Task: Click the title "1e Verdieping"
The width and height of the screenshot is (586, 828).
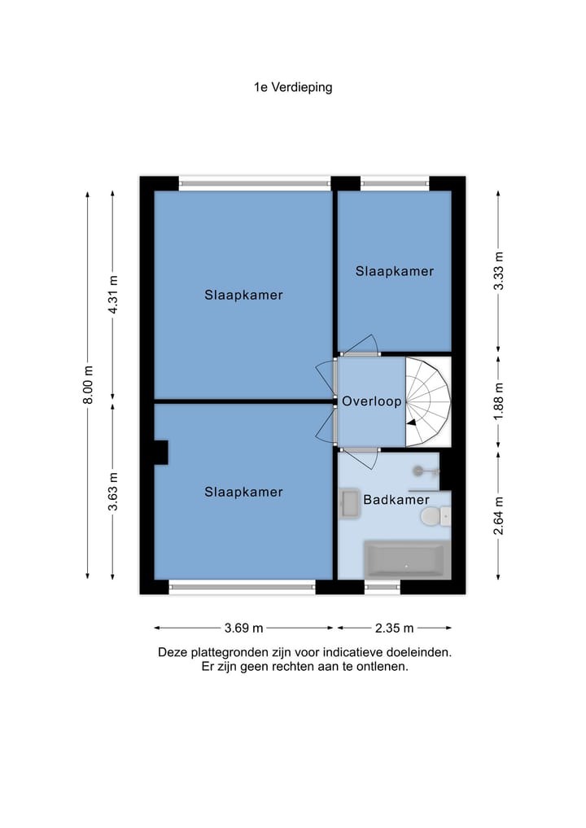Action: (x=293, y=88)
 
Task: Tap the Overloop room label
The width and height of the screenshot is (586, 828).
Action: (x=372, y=401)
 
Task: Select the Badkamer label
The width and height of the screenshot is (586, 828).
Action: (x=396, y=500)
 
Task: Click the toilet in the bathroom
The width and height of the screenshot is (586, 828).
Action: (x=435, y=516)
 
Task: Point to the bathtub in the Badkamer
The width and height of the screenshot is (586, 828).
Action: (x=406, y=559)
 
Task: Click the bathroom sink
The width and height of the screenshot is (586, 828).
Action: (x=349, y=503)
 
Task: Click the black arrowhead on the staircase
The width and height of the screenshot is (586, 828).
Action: (x=411, y=422)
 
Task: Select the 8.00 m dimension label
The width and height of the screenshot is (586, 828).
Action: (x=88, y=385)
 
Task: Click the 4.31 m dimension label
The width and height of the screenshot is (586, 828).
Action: (x=113, y=295)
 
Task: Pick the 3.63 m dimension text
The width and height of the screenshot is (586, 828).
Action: (x=113, y=492)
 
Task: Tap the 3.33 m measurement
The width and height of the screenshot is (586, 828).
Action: (x=498, y=271)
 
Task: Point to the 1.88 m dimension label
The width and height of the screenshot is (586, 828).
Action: (x=498, y=402)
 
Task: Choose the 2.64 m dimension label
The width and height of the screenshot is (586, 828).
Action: (x=498, y=515)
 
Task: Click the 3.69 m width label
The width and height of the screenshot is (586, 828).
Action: (x=243, y=628)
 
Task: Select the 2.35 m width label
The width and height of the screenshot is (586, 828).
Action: (x=395, y=628)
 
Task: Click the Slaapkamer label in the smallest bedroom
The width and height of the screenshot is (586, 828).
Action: (x=395, y=271)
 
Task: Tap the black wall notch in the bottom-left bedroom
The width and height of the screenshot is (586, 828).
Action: (x=161, y=453)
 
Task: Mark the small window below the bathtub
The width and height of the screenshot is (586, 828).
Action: (x=383, y=587)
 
